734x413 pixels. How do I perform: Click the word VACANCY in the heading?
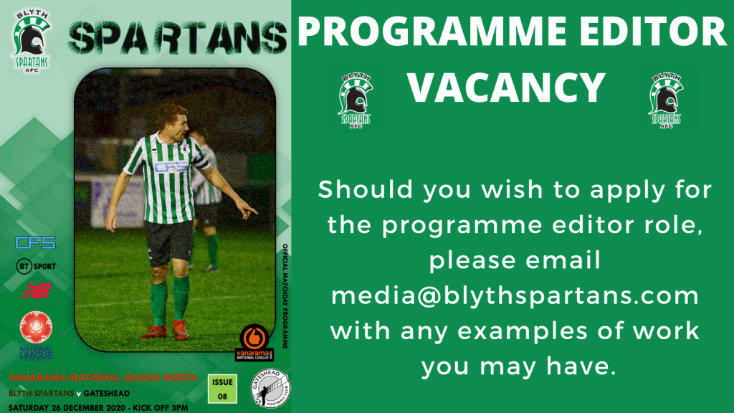point(507,87)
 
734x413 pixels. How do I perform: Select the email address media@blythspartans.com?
point(515,296)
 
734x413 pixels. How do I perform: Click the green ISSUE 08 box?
point(222,389)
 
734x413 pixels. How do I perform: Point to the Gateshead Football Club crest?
point(270,388)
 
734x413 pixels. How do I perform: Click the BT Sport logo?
point(36,266)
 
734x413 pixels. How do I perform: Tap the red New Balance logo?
point(36,291)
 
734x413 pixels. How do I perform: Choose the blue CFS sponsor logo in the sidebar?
point(36,242)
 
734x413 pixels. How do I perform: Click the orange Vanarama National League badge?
point(254,343)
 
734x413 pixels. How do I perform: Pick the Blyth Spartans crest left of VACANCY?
point(356,100)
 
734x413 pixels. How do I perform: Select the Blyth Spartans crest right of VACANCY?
point(666,100)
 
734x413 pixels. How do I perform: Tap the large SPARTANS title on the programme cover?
point(178,37)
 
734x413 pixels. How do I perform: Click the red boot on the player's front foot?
point(180,329)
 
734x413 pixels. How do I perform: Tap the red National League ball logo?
point(36,327)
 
